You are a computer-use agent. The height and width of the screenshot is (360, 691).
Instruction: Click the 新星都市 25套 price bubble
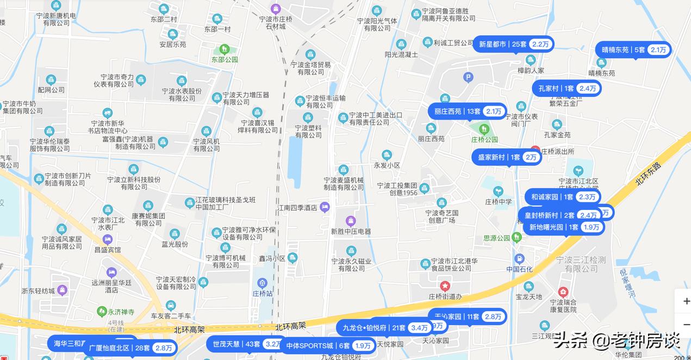pos(513,44)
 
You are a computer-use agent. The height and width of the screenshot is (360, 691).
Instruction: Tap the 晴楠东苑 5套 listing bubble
pos(633,49)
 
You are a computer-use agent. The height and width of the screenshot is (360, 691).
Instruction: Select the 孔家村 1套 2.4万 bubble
pos(567,88)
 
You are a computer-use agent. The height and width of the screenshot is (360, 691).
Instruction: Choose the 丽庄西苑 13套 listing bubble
pos(467,111)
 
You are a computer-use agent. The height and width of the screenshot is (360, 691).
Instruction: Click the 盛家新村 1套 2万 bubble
pos(506,157)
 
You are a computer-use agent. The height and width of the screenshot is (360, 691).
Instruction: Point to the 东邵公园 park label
pos(225,59)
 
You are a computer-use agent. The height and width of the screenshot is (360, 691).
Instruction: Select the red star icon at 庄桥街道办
pos(445,285)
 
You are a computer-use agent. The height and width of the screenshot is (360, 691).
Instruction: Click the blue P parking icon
pos(468,77)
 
